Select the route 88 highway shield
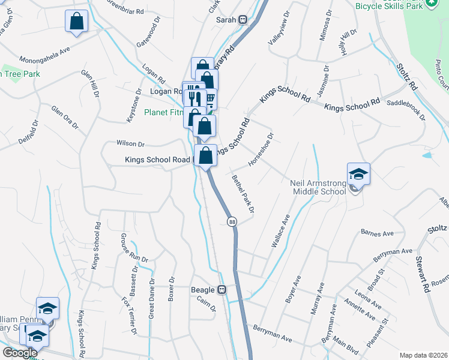[x=232, y=222]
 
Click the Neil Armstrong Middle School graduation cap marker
[x=358, y=174]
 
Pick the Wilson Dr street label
[x=131, y=144]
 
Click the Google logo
[x=20, y=353]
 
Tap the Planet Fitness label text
[x=164, y=112]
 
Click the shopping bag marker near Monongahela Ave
[x=77, y=22]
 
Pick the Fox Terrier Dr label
[x=129, y=316]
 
